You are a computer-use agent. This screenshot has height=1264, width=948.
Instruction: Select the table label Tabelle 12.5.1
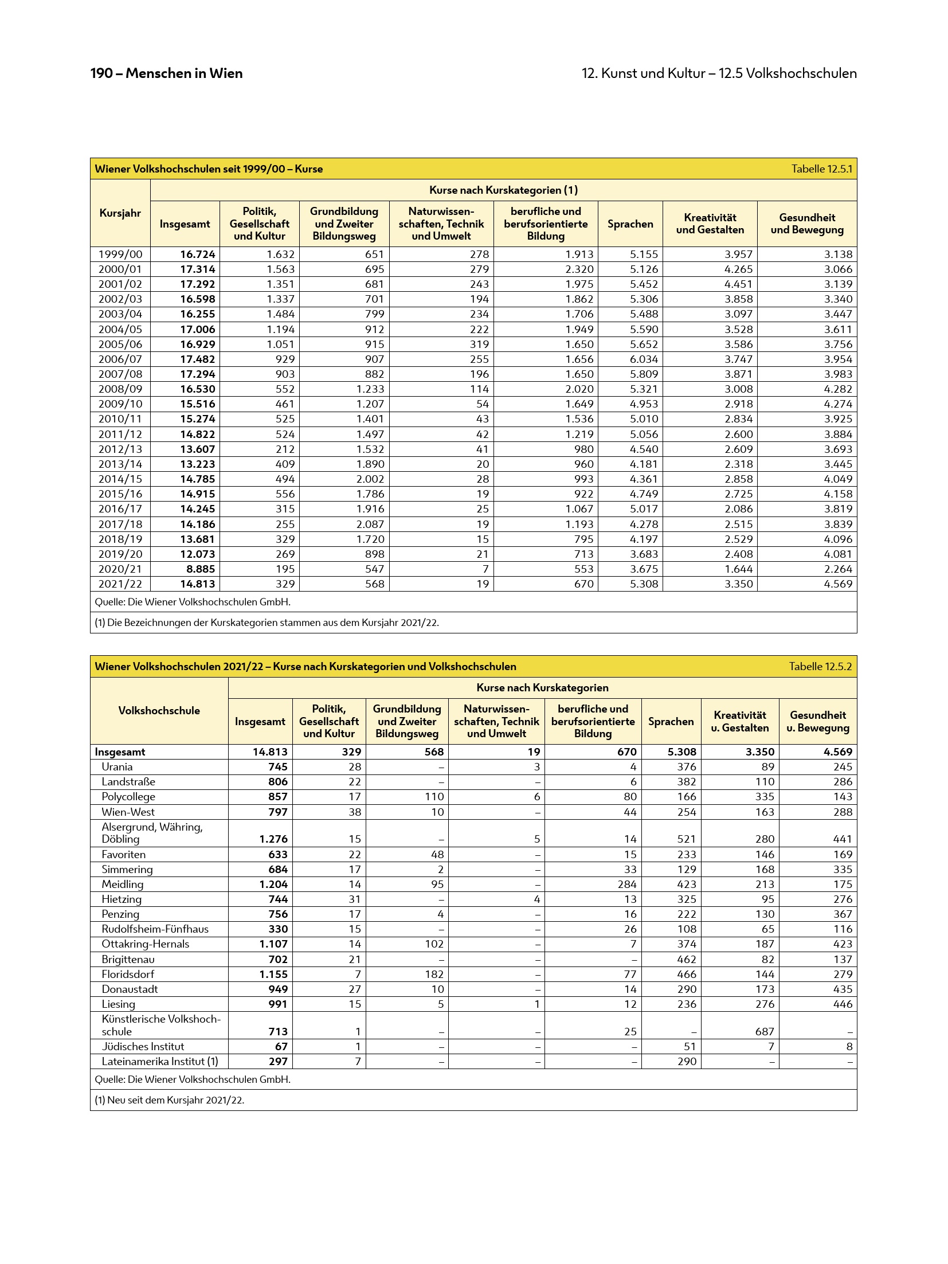click(x=821, y=169)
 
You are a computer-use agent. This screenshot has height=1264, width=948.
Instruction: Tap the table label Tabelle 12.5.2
click(x=820, y=667)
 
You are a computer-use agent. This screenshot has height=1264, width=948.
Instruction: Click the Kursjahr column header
click(x=120, y=213)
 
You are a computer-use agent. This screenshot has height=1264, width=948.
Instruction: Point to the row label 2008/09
click(x=120, y=389)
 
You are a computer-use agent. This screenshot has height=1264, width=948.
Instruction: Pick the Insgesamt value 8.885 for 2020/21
click(x=198, y=569)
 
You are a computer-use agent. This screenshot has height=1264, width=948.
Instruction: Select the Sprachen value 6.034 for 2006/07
click(x=644, y=359)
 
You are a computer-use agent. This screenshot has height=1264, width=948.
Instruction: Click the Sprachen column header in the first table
click(x=630, y=224)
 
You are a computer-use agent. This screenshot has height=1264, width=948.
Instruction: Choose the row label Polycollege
click(x=128, y=797)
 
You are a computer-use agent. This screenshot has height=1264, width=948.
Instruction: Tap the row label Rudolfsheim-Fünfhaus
click(x=155, y=929)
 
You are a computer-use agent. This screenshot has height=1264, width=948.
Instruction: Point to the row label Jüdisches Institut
click(x=143, y=1047)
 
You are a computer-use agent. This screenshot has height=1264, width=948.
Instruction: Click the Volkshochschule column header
click(x=159, y=711)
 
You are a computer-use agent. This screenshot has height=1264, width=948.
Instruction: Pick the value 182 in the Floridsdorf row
click(x=434, y=975)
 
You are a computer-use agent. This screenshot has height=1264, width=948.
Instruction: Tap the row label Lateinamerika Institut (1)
click(x=160, y=1062)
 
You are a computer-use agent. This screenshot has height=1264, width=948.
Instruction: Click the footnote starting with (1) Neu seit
click(x=169, y=1100)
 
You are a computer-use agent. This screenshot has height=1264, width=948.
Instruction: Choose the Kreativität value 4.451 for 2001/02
click(x=738, y=284)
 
